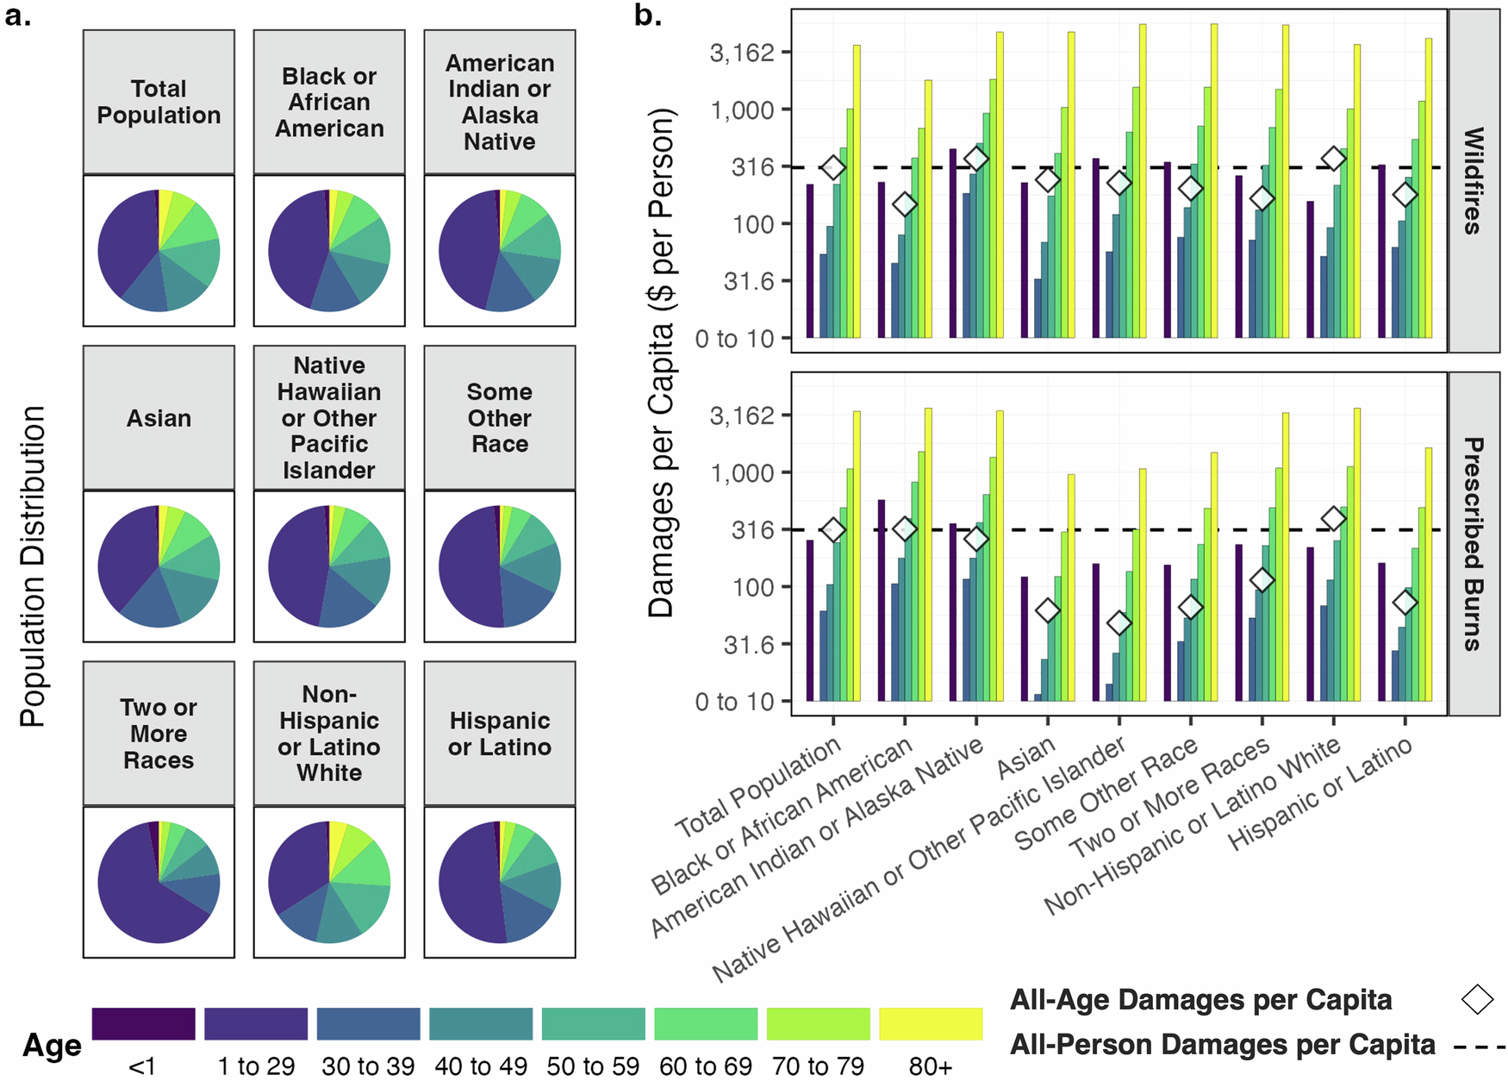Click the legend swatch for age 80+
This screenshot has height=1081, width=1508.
pyautogui.click(x=931, y=1023)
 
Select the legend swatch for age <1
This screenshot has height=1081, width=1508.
pyautogui.click(x=143, y=1023)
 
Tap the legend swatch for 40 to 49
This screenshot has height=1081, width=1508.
pyautogui.click(x=481, y=1023)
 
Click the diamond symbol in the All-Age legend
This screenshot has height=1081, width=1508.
pyautogui.click(x=1477, y=999)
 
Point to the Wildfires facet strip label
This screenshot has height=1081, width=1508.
pyautogui.click(x=1474, y=181)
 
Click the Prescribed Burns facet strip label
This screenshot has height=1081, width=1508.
pyautogui.click(x=1474, y=544)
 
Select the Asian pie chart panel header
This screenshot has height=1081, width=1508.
pyautogui.click(x=159, y=418)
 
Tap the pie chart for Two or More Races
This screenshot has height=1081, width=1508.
pyautogui.click(x=159, y=882)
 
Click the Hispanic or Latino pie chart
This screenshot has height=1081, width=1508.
pyautogui.click(x=500, y=882)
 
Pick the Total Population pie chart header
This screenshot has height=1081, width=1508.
pyautogui.click(x=159, y=102)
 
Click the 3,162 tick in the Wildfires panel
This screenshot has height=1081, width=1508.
pyautogui.click(x=741, y=53)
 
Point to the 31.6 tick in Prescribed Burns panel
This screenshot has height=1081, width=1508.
pyautogui.click(x=748, y=645)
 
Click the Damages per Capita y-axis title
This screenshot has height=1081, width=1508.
pyautogui.click(x=662, y=362)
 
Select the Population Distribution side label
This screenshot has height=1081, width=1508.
pyautogui.click(x=33, y=566)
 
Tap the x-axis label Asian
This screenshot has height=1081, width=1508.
pyautogui.click(x=1025, y=759)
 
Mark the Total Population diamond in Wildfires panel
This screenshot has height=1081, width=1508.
pyautogui.click(x=832, y=168)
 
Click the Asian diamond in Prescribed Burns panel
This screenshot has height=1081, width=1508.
pyautogui.click(x=1047, y=610)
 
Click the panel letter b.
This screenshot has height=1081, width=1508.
pyautogui.click(x=647, y=16)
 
